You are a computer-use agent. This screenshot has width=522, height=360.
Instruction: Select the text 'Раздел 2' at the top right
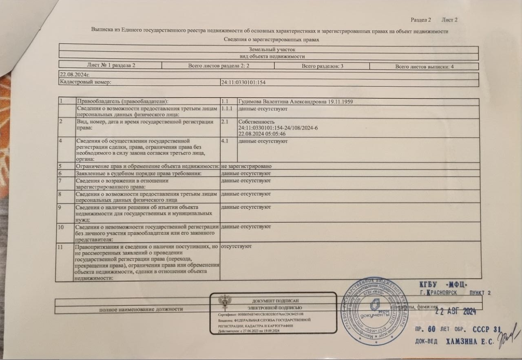[421, 20]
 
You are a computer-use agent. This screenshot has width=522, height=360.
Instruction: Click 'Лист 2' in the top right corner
[449, 20]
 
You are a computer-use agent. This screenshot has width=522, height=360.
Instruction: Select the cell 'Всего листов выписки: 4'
[424, 66]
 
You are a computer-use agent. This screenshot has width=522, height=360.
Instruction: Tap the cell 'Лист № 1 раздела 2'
[111, 65]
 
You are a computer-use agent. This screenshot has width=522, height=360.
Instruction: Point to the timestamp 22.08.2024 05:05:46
[261, 134]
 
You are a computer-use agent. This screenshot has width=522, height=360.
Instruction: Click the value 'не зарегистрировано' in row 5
[246, 167]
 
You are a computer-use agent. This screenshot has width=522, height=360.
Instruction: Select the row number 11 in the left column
[61, 247]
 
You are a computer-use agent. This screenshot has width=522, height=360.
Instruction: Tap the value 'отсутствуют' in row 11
[236, 247]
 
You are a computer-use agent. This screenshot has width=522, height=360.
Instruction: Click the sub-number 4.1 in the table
[225, 141]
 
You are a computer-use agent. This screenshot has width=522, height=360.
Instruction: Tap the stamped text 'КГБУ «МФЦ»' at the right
[443, 284]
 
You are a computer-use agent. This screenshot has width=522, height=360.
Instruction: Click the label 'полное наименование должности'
[141, 309]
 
